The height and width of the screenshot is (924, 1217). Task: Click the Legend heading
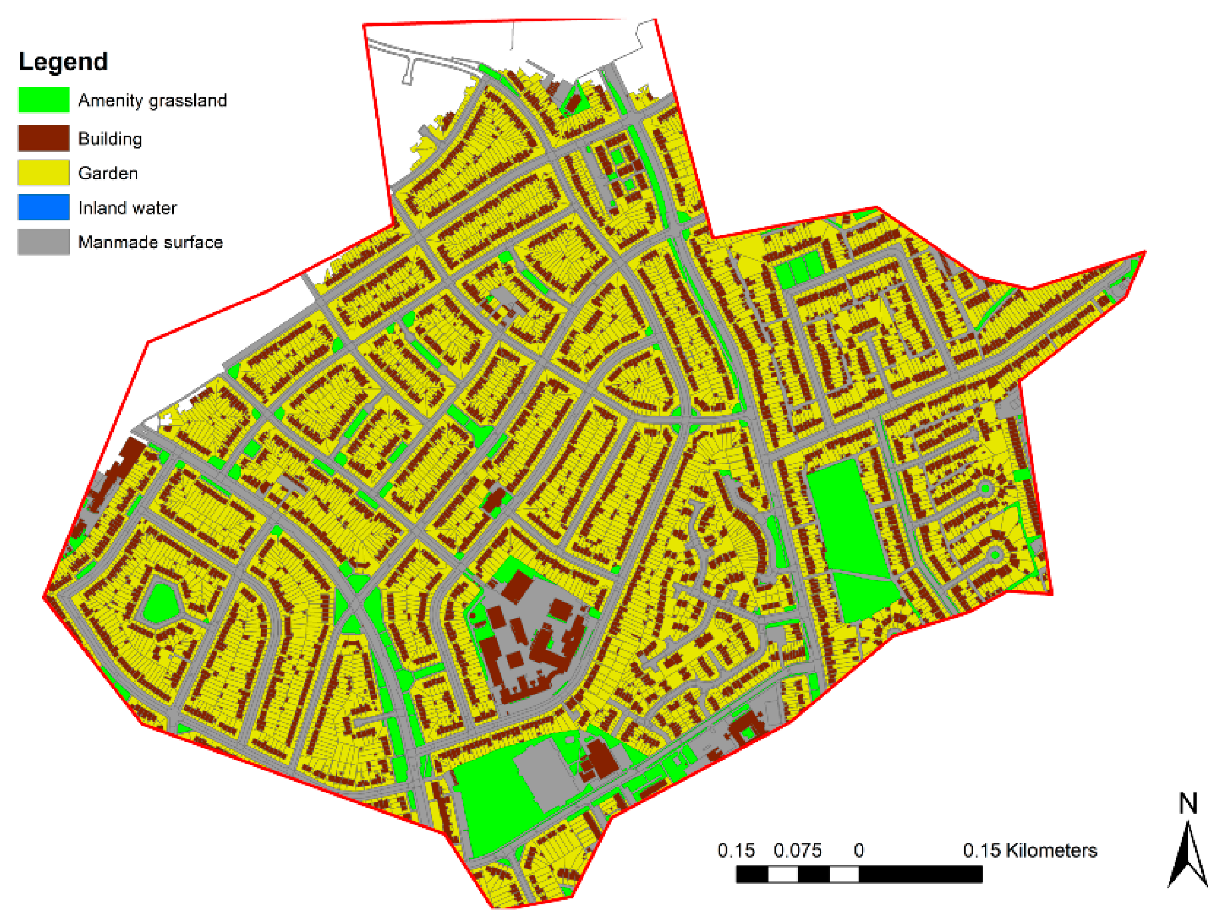click(x=63, y=61)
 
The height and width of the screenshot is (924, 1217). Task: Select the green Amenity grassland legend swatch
click(x=43, y=100)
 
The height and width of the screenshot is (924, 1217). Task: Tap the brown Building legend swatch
click(x=43, y=138)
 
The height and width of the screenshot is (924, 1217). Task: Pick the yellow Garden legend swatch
click(x=43, y=173)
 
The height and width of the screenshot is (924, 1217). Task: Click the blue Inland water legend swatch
click(x=43, y=207)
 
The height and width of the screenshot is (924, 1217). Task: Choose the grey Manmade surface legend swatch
click(x=43, y=242)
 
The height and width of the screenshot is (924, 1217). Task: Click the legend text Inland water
click(x=127, y=208)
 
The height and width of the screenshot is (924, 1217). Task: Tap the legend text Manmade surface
click(x=150, y=242)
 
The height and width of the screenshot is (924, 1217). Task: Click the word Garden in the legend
click(x=108, y=174)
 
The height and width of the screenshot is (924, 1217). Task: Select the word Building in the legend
click(x=110, y=139)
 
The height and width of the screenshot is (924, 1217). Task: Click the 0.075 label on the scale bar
click(x=797, y=851)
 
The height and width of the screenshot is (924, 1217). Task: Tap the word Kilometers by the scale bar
click(x=1051, y=851)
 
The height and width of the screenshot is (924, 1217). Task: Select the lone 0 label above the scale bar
click(x=859, y=851)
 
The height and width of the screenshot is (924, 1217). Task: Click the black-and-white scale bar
click(x=859, y=875)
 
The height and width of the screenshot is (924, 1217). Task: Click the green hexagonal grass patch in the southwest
click(x=161, y=604)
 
